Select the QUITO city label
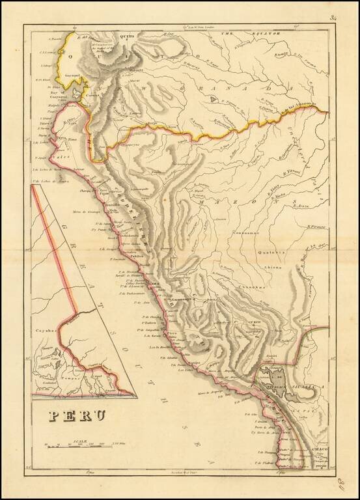coord(126,36)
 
